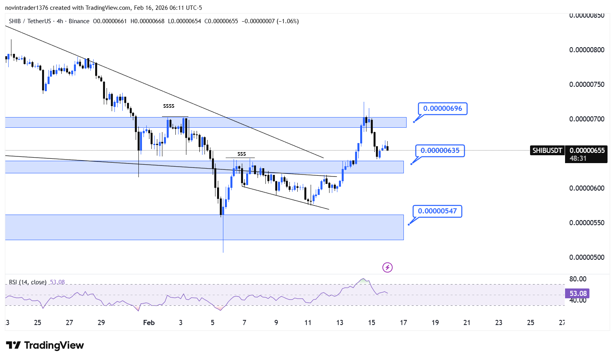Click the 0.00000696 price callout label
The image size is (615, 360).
(x=442, y=108)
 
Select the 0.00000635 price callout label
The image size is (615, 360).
(x=440, y=151)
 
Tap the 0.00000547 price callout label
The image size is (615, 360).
(x=437, y=211)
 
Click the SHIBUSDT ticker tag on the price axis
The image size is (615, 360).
(x=547, y=151)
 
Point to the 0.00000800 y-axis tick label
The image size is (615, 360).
(x=587, y=50)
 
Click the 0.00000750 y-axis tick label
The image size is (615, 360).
(x=587, y=84)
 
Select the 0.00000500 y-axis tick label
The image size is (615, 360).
(x=587, y=257)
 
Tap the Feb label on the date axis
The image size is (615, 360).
(x=149, y=323)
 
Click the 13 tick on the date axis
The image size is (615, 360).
(x=340, y=323)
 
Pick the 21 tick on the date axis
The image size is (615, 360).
(x=467, y=323)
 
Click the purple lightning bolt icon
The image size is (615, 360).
(x=387, y=268)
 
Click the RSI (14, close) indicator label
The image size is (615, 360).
(x=28, y=282)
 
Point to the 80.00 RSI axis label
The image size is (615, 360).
(x=578, y=279)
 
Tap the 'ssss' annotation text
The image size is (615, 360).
(x=169, y=106)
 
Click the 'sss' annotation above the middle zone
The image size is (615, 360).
(x=241, y=154)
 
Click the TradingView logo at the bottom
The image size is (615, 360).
(x=45, y=345)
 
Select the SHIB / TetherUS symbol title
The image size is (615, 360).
(x=29, y=21)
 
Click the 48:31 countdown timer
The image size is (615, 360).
(x=578, y=158)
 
